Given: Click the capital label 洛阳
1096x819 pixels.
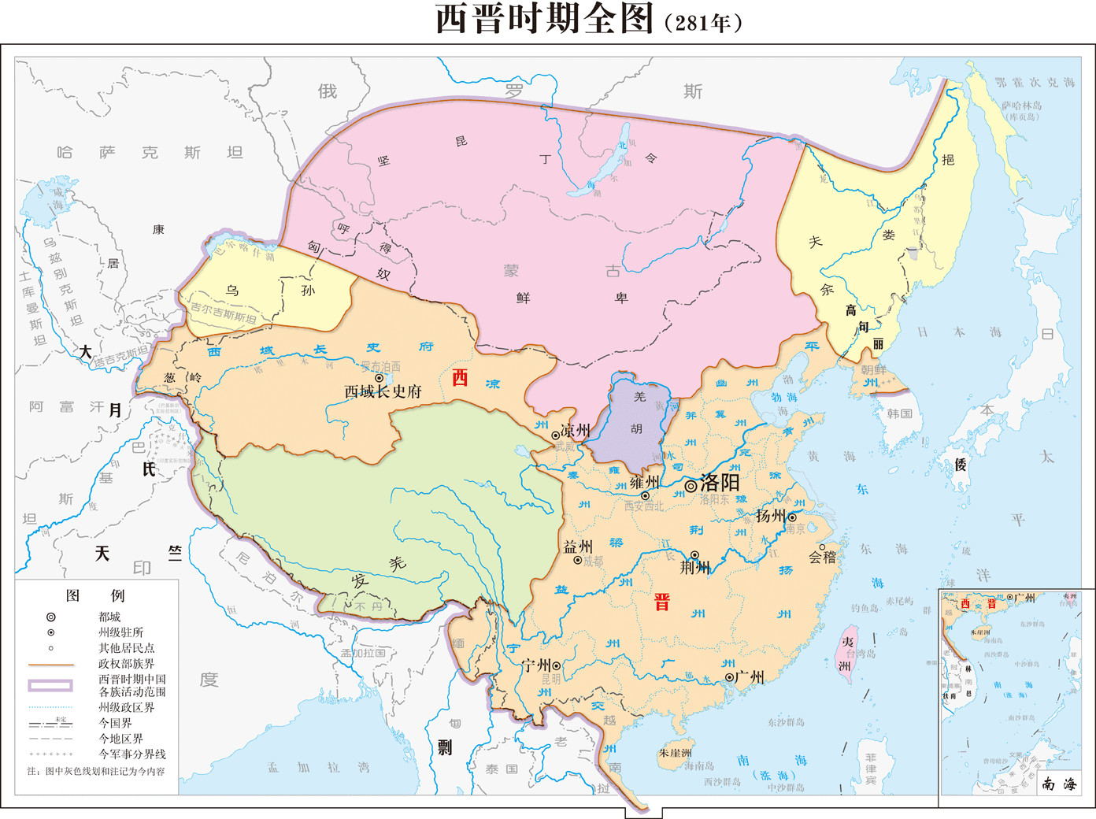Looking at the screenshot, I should (x=720, y=483).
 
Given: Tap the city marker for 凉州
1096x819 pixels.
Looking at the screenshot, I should (x=556, y=435).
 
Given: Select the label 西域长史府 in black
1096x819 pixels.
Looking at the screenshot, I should (x=383, y=391).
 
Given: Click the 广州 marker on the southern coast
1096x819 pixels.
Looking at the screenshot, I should (x=730, y=677).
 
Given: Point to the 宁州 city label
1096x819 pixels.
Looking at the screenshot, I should (x=536, y=665).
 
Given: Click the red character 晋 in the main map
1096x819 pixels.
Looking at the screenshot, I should (x=662, y=603).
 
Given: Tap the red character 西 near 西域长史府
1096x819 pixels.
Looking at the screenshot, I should (x=460, y=378).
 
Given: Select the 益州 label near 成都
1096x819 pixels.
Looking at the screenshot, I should (x=578, y=546).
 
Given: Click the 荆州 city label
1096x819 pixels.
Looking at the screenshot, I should (x=695, y=567).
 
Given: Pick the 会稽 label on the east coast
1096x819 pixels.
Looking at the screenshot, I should (x=823, y=558).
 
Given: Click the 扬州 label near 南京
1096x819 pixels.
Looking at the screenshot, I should (x=770, y=516).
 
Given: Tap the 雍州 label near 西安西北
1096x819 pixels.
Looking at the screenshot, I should (x=644, y=482).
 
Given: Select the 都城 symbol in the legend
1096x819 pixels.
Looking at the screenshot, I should (x=51, y=617).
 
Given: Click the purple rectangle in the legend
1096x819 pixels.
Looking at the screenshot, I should (x=51, y=685).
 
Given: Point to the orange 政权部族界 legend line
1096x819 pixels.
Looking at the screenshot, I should (x=51, y=665).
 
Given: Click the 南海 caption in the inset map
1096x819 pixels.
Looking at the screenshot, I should (x=1059, y=784).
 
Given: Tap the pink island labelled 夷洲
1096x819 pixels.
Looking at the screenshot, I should (x=849, y=650).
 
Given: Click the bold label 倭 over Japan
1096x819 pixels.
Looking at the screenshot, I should (x=961, y=465).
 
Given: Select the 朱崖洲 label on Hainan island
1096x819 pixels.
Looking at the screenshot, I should (x=675, y=753).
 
